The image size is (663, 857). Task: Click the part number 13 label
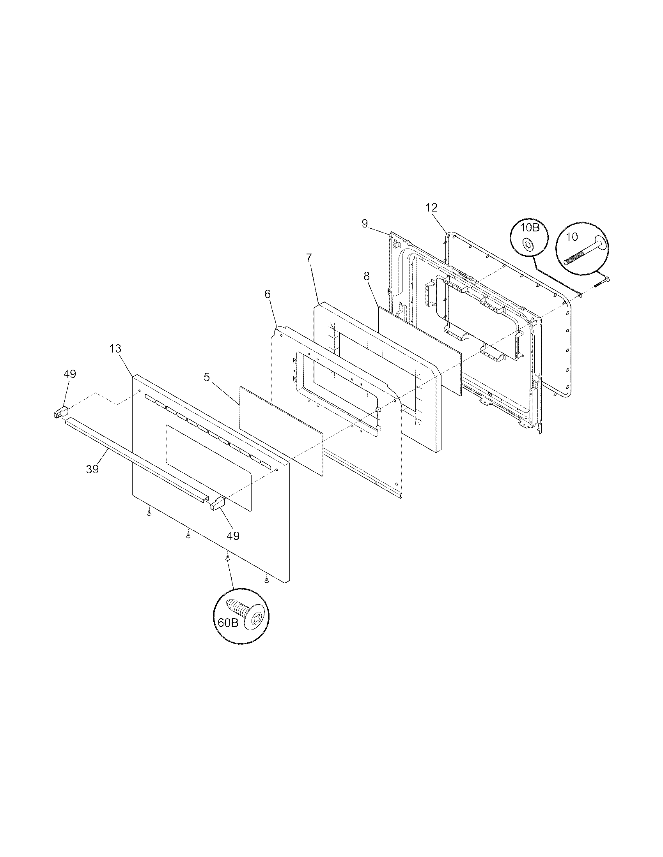[115, 349]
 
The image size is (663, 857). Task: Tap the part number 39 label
[92, 469]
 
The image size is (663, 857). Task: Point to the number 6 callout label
[268, 294]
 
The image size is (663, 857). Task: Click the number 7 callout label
[309, 258]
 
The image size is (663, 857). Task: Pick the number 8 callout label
[367, 276]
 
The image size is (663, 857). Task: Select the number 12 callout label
[431, 208]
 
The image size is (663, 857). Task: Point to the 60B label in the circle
[228, 623]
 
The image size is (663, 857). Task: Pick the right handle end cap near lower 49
[217, 503]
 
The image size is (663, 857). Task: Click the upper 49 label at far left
[69, 374]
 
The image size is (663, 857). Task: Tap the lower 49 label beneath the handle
[233, 536]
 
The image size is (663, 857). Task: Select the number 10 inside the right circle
[572, 236]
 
